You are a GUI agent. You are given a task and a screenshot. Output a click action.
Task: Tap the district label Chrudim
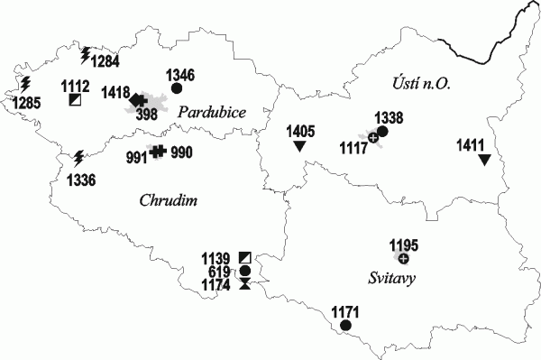tap(170, 199)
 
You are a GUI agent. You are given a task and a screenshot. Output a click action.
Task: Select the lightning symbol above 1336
tap(78, 158)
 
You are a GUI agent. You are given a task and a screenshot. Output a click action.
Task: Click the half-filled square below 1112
tap(74, 99)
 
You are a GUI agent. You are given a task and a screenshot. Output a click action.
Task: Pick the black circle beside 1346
tap(177, 88)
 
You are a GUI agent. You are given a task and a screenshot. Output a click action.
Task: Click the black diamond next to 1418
tap(136, 99)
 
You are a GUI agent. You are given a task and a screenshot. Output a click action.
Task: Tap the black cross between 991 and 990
tap(158, 152)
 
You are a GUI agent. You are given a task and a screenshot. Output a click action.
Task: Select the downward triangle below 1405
tap(299, 146)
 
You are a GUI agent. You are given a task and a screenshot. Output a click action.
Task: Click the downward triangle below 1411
tap(484, 160)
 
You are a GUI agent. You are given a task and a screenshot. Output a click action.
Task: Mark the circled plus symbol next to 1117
tap(372, 138)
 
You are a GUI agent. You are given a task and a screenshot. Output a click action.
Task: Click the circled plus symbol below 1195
tap(403, 259)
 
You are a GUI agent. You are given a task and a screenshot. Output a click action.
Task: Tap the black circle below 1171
tap(345, 325)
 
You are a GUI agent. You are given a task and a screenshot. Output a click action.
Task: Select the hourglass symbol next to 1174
tap(245, 284)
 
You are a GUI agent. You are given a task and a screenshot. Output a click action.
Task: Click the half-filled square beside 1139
tap(245, 258)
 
